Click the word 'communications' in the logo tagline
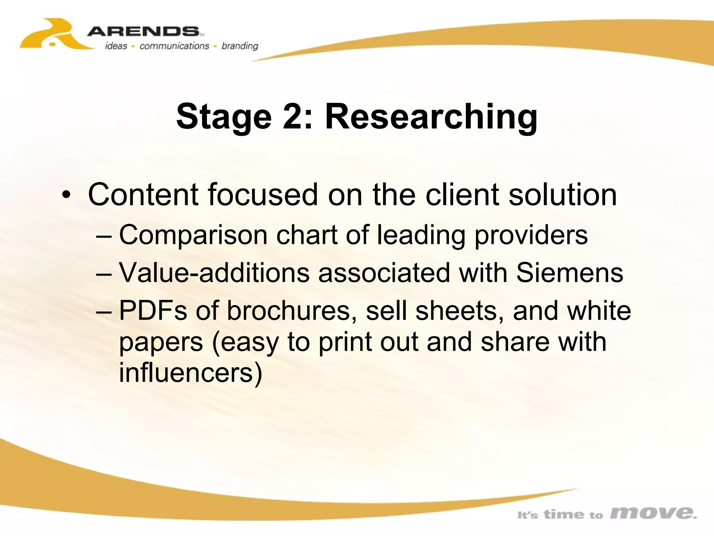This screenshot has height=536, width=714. click(174, 46)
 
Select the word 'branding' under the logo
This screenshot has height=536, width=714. click(240, 46)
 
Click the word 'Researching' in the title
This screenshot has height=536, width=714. click(431, 117)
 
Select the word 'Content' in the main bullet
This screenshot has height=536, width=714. click(143, 194)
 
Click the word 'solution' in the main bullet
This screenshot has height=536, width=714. click(563, 194)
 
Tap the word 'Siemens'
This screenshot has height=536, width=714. click(569, 273)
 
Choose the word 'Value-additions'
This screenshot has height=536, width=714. click(214, 273)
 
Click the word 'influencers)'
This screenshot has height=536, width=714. click(190, 373)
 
